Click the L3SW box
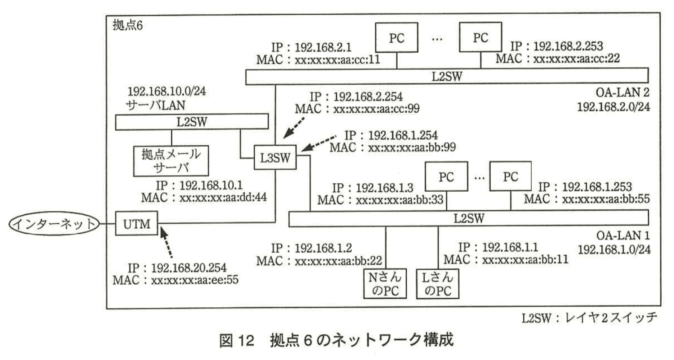(x=275, y=157)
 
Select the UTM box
(x=136, y=224)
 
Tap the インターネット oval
(x=54, y=224)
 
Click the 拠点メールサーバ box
(x=171, y=161)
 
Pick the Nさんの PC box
(x=385, y=284)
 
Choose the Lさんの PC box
(x=438, y=284)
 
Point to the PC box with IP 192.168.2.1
(x=396, y=38)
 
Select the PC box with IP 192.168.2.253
(x=480, y=37)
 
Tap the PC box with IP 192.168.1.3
(x=446, y=177)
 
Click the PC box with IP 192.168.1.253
(x=511, y=176)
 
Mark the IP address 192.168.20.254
(x=189, y=268)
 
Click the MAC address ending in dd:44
(x=223, y=197)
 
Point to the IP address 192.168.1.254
(x=403, y=135)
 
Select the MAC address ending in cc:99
(x=376, y=109)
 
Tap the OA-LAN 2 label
(x=622, y=92)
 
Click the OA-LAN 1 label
(x=623, y=235)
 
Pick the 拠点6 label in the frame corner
(x=128, y=25)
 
